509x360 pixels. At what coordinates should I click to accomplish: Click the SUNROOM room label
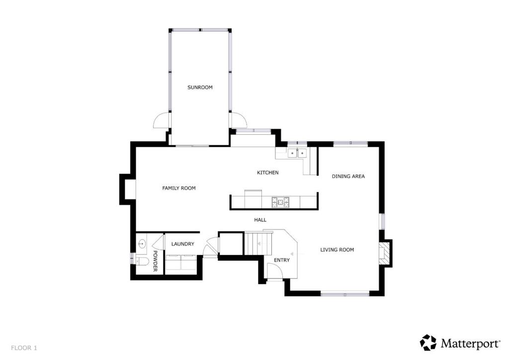pyautogui.click(x=200, y=88)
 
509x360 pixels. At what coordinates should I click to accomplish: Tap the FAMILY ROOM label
pyautogui.click(x=179, y=188)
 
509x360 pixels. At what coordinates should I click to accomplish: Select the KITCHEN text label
pyautogui.click(x=267, y=173)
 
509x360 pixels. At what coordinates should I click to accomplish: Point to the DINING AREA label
pyautogui.click(x=348, y=176)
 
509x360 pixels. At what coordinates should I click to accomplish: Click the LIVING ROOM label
pyautogui.click(x=337, y=250)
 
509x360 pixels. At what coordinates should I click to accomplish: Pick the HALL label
pyautogui.click(x=260, y=220)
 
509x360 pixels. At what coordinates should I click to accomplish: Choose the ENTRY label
pyautogui.click(x=282, y=260)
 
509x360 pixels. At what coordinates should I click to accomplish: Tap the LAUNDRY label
pyautogui.click(x=182, y=244)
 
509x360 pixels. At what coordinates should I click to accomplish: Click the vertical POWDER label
pyautogui.click(x=155, y=261)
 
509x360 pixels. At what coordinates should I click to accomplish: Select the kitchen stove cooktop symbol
pyautogui.click(x=279, y=202)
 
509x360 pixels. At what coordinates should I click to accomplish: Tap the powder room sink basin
pyautogui.click(x=143, y=244)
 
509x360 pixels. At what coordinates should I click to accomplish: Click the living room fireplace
pyautogui.click(x=385, y=252)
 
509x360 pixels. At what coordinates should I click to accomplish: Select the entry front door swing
pyautogui.click(x=275, y=271)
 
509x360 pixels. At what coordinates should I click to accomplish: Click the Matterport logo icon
pyautogui.click(x=428, y=343)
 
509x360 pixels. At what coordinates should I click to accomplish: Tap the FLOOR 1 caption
pyautogui.click(x=24, y=348)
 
